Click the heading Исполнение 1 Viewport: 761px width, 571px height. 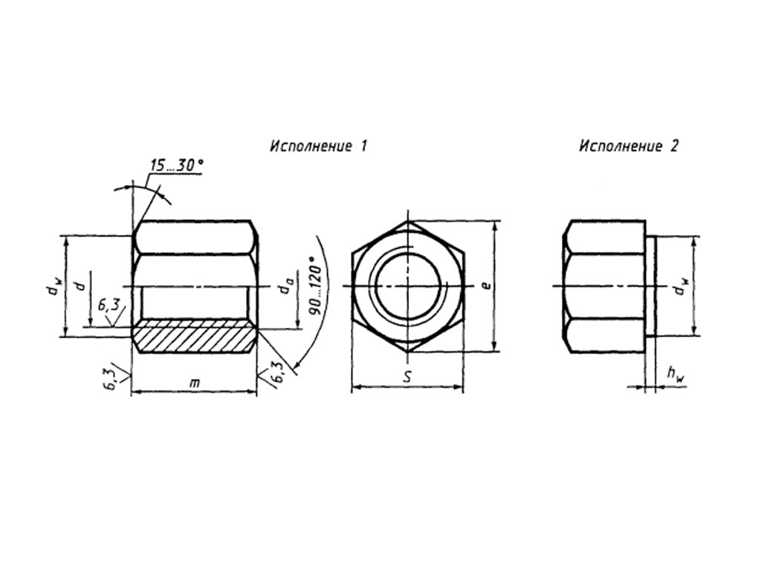point(318,146)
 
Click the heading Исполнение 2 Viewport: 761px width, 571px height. point(629,146)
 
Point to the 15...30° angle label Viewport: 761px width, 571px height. point(175,165)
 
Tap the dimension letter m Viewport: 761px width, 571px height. point(195,382)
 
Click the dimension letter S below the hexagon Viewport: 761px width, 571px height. point(407,377)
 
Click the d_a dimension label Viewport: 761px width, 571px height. point(285,287)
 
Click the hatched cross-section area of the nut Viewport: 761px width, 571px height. point(195,336)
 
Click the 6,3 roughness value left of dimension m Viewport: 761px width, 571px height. point(111,378)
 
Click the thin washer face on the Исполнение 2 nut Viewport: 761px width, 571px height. point(651,287)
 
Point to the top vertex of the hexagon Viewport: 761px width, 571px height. point(407,221)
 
